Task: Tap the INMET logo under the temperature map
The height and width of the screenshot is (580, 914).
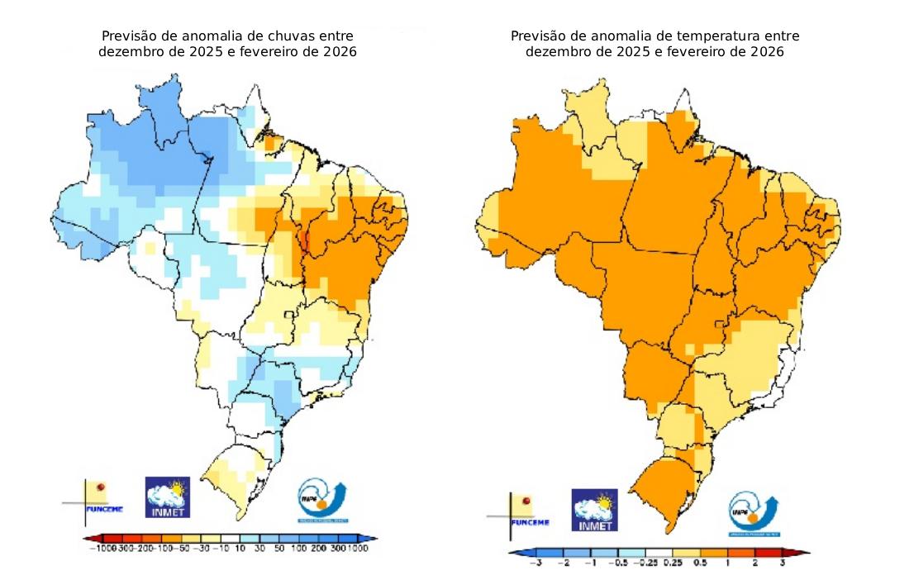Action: (x=595, y=510)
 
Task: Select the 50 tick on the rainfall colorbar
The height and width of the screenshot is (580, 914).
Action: (x=278, y=548)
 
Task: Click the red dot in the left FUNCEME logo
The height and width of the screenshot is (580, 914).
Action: (x=102, y=488)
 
